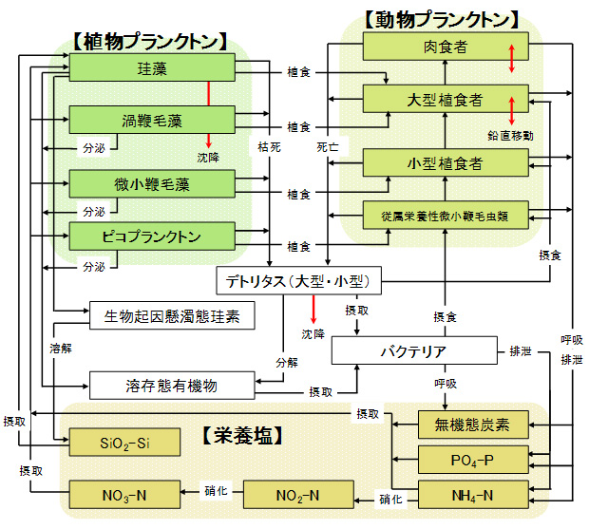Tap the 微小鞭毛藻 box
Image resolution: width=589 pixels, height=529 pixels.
[152, 181]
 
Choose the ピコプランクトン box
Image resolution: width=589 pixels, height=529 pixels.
[152, 235]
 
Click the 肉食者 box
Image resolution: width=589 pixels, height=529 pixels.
[445, 46]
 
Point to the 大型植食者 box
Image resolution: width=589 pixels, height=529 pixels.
[445, 99]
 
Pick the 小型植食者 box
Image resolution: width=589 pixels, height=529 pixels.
[445, 162]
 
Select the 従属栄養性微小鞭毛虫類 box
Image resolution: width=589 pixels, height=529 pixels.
[445, 216]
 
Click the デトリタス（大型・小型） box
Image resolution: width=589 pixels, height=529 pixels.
[298, 281]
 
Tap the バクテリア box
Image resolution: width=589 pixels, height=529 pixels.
[413, 350]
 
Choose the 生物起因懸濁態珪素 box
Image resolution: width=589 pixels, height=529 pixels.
[172, 315]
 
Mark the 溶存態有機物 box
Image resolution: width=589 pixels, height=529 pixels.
[172, 385]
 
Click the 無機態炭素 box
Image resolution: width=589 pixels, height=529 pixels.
[472, 425]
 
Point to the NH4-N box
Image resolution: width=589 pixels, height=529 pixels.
[472, 495]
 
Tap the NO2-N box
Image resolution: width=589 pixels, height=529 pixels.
[296, 495]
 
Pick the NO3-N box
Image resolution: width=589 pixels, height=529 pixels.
[123, 495]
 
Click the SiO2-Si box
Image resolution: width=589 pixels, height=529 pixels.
[123, 443]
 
